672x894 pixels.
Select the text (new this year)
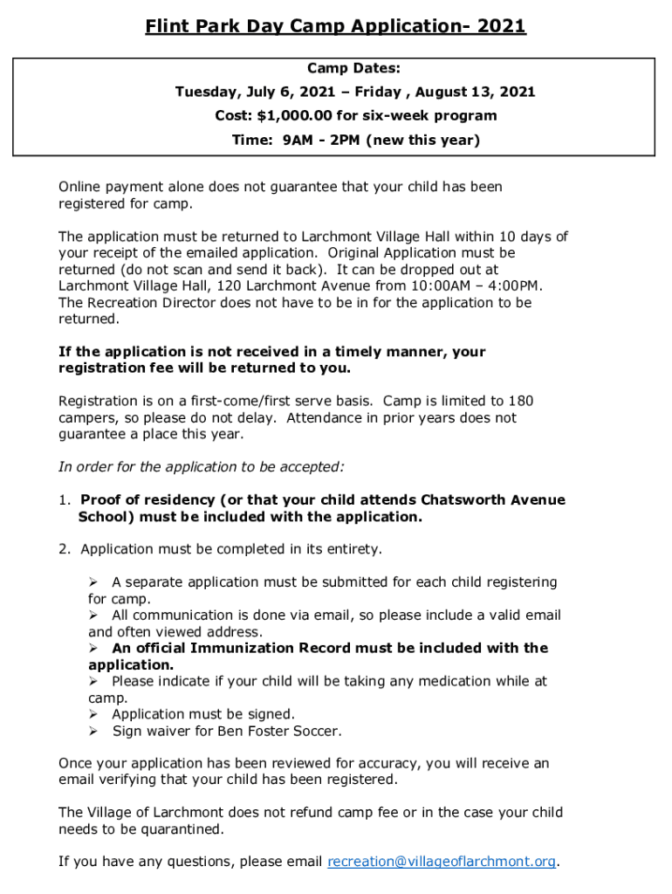(x=423, y=141)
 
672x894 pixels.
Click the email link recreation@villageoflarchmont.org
(x=442, y=862)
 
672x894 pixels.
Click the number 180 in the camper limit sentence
(x=520, y=402)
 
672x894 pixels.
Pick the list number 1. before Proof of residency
(x=64, y=500)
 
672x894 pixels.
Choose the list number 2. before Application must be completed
(x=64, y=549)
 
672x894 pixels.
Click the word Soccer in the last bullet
(x=314, y=731)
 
